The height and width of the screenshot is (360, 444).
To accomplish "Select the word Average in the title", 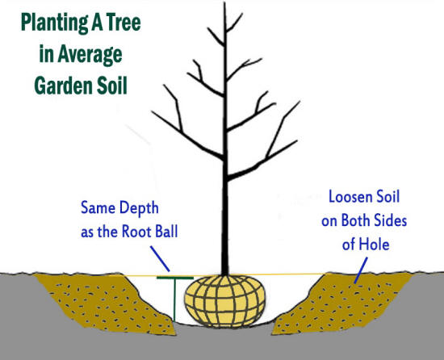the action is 90,55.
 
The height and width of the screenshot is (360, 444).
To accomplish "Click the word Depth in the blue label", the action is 139,208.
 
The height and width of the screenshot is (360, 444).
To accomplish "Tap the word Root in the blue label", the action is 136,232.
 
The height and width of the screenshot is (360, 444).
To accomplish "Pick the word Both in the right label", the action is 356,220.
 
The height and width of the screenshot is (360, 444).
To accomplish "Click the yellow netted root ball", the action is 225,301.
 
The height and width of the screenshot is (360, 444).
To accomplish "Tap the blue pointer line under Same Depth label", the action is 160,258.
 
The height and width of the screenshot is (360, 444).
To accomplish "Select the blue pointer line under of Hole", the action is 361,270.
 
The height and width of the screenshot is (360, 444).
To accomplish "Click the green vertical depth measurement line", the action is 174,300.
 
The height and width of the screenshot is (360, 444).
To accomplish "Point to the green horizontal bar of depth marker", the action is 175,278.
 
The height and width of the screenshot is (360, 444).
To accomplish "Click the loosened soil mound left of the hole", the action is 105,304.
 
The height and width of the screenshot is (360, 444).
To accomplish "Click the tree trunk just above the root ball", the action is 225,263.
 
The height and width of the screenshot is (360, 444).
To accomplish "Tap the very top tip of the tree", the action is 224,3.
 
